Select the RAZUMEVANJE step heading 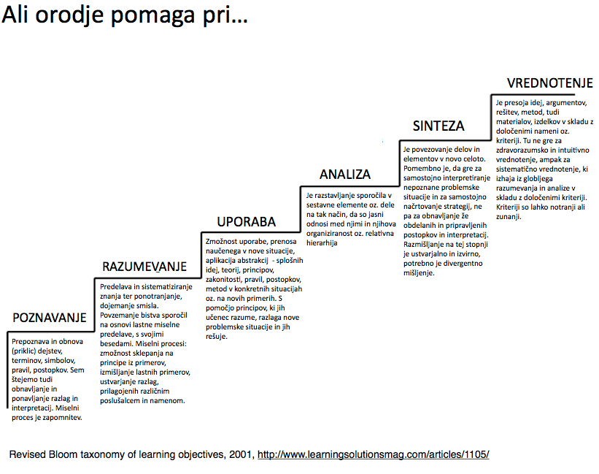(x=144, y=266)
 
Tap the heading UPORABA (x=247, y=221)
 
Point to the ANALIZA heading (x=344, y=175)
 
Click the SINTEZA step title (x=438, y=126)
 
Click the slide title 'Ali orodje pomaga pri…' (x=124, y=18)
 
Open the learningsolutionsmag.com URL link (x=373, y=454)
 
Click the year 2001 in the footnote (x=239, y=454)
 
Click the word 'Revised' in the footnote (x=27, y=454)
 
